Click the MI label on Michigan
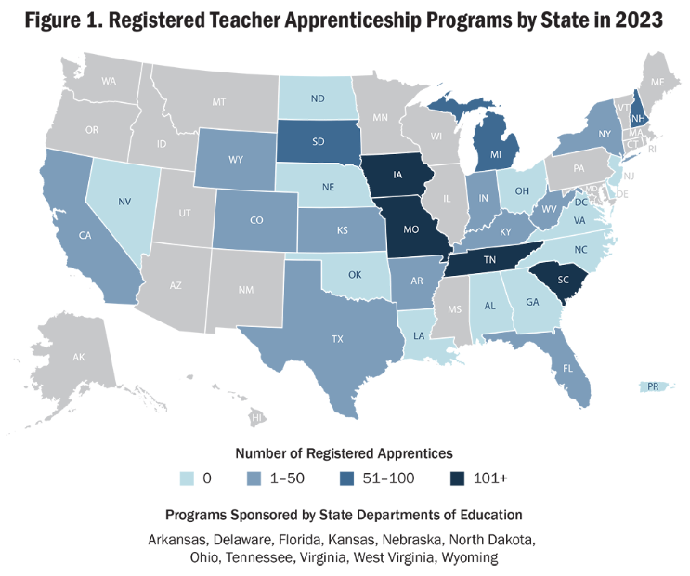click(494, 151)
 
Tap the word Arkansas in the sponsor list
click(176, 539)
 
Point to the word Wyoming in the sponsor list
click(471, 557)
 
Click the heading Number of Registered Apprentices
click(344, 453)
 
